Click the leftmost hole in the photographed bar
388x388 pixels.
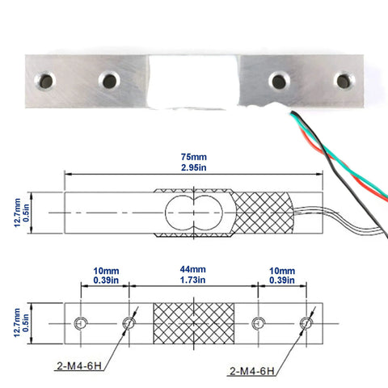pos(45,81)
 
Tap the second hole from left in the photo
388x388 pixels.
pos(109,81)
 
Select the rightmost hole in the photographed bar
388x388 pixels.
pos(344,81)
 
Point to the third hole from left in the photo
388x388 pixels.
pos(279,81)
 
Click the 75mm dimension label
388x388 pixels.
pos(194,157)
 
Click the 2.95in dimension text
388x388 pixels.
pos(194,167)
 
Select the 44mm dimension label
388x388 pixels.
pos(193,269)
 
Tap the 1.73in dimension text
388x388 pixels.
pos(193,280)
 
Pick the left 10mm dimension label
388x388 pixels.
pos(106,271)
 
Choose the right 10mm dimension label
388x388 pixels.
pos(282,271)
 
